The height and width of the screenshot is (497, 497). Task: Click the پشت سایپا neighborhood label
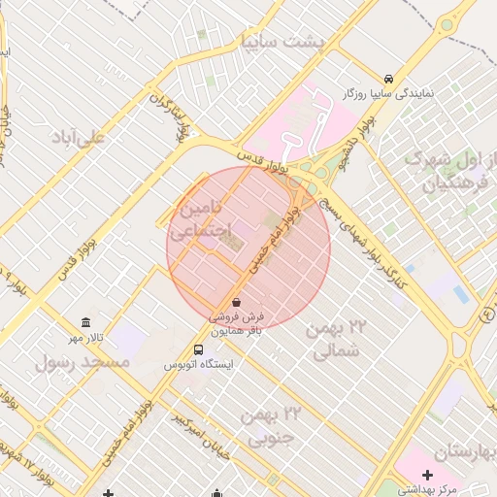click(290, 42)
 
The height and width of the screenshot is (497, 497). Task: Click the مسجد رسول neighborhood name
click(83, 362)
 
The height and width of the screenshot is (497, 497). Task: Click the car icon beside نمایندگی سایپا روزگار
click(388, 79)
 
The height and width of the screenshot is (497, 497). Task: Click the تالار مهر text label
click(86, 337)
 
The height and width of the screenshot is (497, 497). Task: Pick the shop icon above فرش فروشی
click(238, 303)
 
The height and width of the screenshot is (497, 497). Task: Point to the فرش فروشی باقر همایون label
click(238, 324)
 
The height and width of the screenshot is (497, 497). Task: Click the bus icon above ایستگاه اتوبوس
click(199, 350)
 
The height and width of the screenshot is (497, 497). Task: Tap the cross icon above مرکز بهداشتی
click(427, 475)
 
